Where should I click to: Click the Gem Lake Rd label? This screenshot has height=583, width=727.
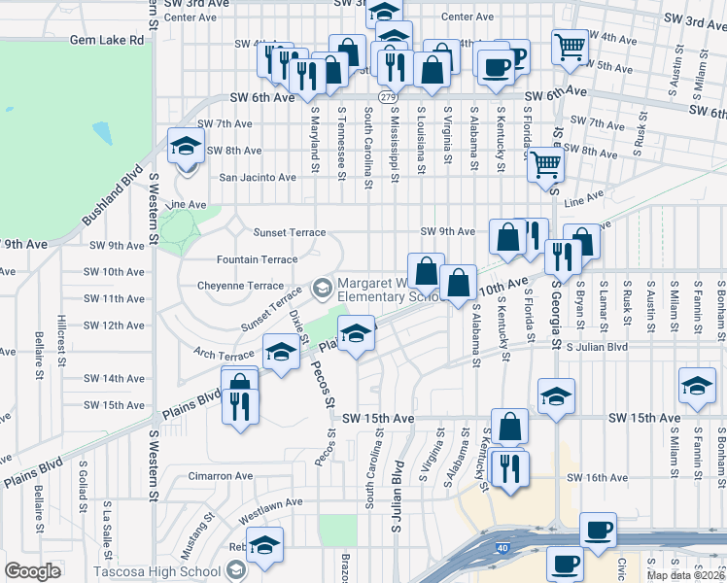(x=107, y=41)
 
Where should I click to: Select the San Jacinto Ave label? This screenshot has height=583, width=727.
(x=258, y=178)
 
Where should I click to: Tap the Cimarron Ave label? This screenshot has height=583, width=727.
(x=221, y=477)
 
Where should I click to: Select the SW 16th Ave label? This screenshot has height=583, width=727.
(x=599, y=478)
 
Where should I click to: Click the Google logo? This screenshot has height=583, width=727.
(x=32, y=571)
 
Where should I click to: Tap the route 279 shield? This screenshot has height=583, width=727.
(x=388, y=98)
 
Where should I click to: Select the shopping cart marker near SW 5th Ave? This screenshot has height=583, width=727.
(x=569, y=45)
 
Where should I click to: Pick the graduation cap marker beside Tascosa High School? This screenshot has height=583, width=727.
(x=263, y=546)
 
